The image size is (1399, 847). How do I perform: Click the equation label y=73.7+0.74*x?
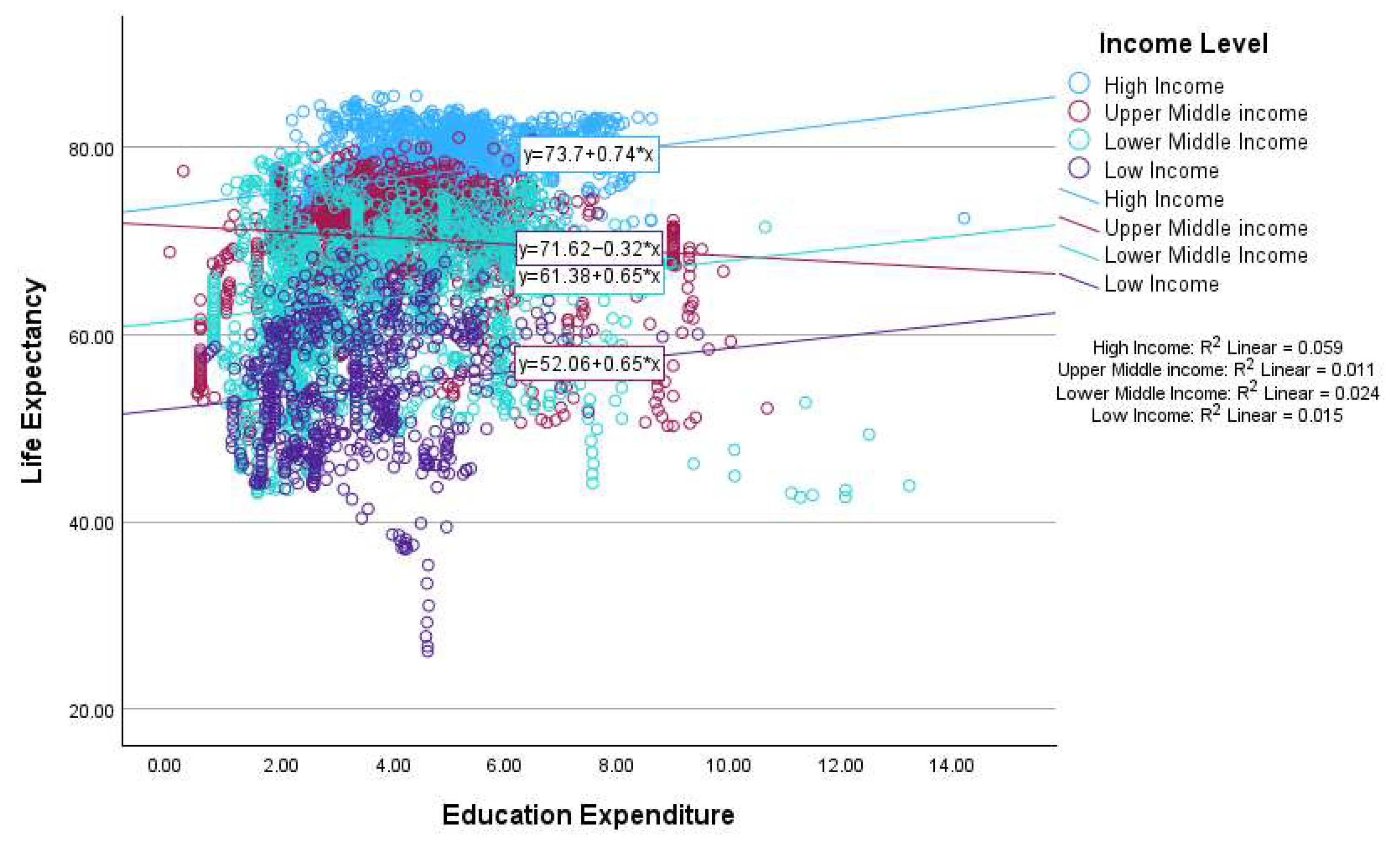[589, 154]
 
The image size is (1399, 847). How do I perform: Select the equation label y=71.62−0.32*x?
[589, 249]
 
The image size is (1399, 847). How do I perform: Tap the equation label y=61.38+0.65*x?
[589, 277]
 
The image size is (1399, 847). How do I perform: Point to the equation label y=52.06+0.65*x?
[589, 363]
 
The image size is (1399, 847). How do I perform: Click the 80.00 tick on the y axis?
[91, 150]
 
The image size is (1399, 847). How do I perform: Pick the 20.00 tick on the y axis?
[91, 711]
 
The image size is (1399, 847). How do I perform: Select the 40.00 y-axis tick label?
[91, 523]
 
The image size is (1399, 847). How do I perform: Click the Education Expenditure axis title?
[588, 815]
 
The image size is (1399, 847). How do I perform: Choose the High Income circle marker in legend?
[1079, 83]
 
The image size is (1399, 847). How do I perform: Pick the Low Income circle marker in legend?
[1079, 168]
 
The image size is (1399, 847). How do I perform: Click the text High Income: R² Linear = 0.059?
[1217, 347]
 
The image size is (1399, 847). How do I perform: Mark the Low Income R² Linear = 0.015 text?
[1217, 415]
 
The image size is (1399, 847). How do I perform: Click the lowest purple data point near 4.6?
[427, 651]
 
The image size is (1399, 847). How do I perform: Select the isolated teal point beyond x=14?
[964, 218]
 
